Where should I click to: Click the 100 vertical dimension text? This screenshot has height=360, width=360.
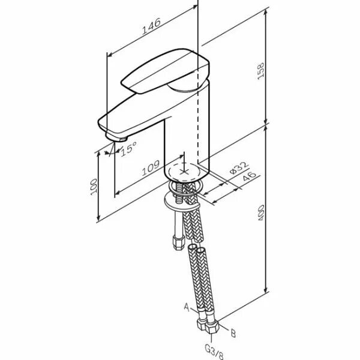click(93, 185)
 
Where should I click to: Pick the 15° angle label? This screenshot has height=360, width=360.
click(128, 148)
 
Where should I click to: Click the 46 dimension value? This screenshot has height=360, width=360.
click(248, 177)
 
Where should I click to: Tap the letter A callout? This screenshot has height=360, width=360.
click(187, 307)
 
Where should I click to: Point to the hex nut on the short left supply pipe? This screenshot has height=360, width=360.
click(178, 243)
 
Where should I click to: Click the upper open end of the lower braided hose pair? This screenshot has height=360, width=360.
click(197, 247)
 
